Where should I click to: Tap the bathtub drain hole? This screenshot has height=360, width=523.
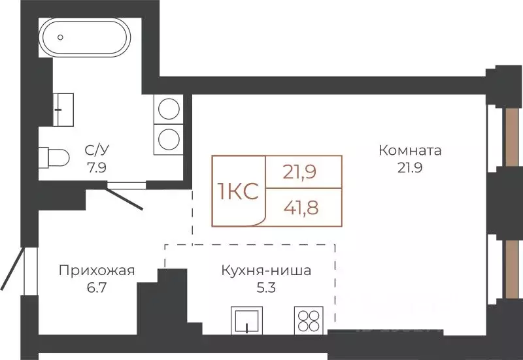60,37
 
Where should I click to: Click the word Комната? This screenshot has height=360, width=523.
410,151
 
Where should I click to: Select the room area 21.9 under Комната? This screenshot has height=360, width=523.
410,167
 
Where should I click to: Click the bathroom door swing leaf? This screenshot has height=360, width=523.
124,199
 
